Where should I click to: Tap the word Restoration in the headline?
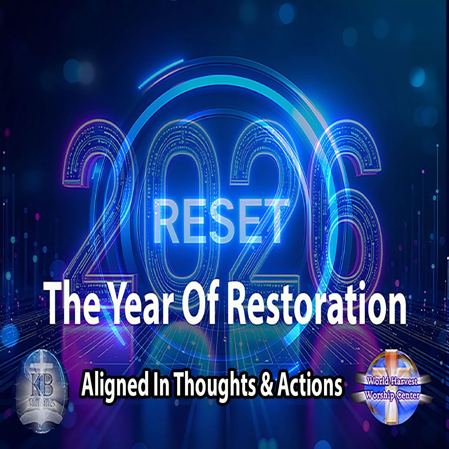(317, 303)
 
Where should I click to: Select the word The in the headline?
(73, 303)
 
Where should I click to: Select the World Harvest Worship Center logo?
(392, 387)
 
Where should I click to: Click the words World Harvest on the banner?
(392, 381)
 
